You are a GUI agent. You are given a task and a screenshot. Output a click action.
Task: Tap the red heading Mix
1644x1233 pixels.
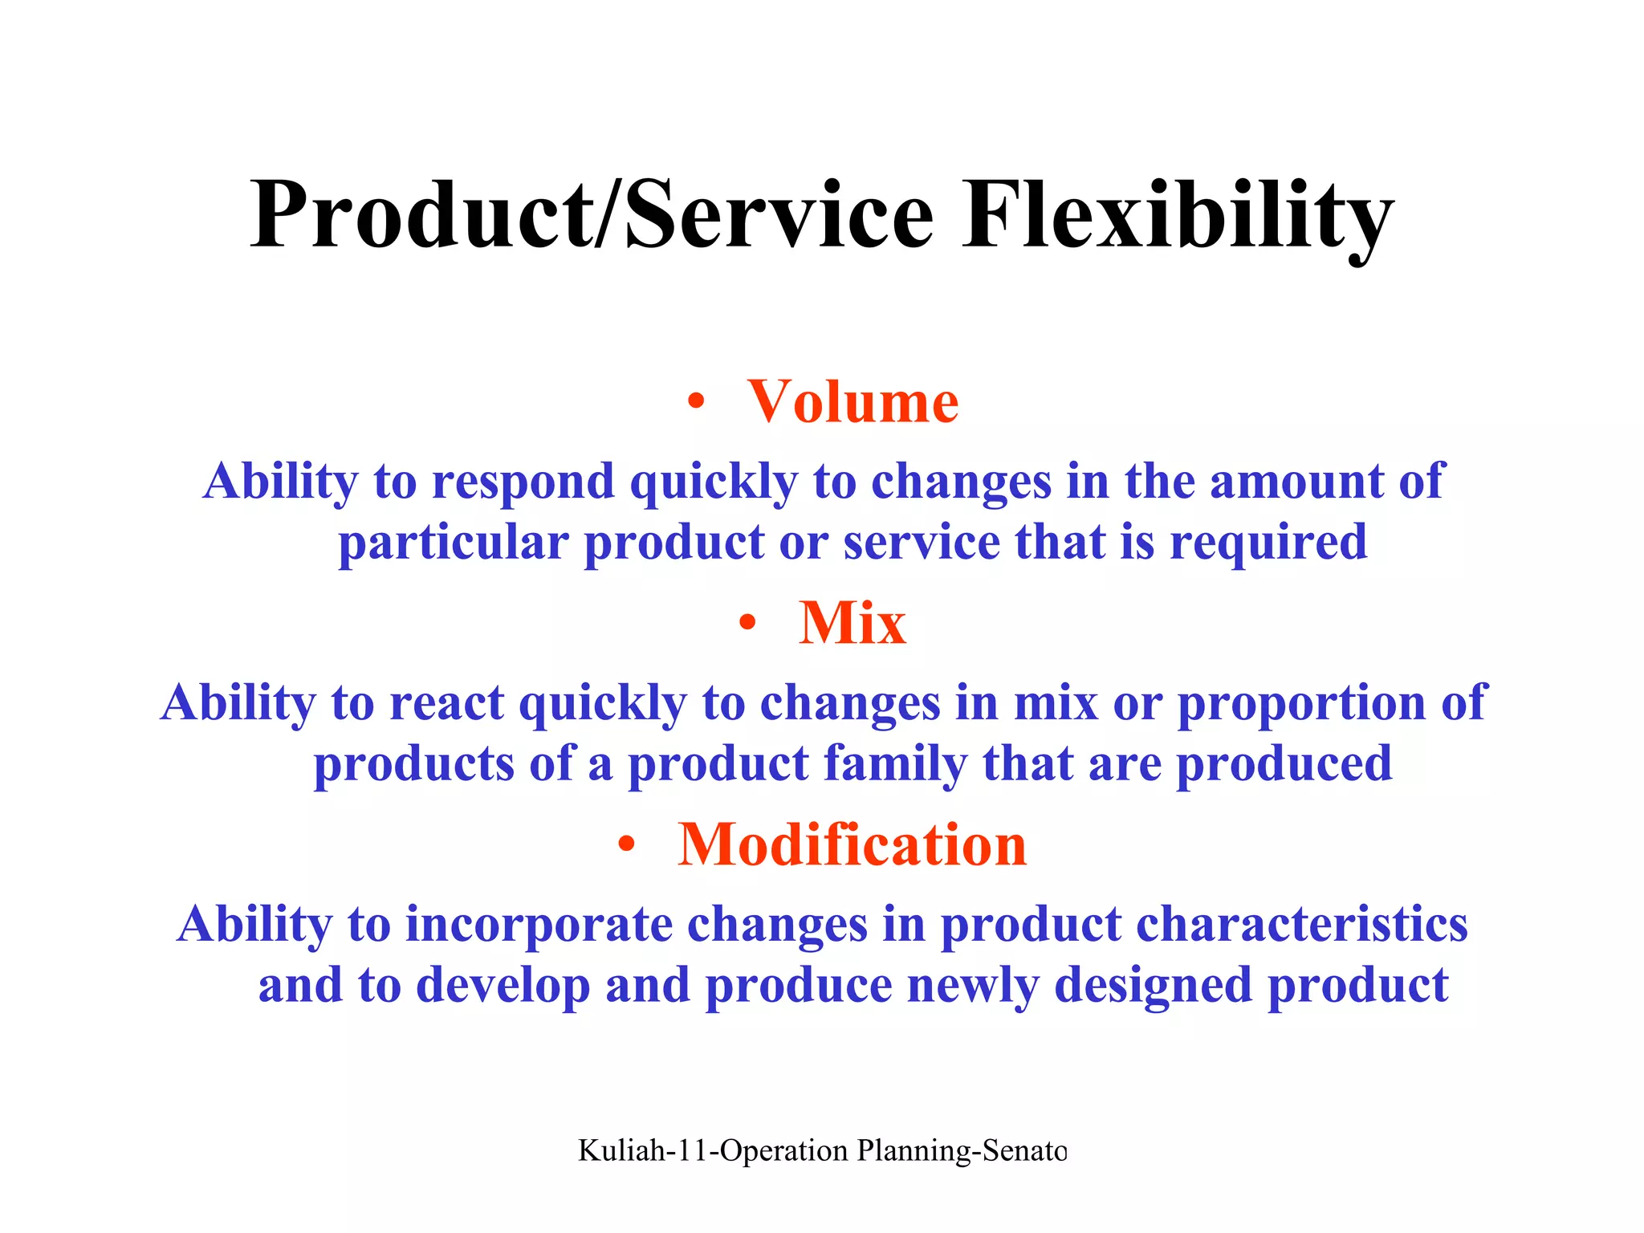853,623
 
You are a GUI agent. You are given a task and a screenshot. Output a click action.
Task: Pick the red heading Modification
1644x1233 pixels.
852,844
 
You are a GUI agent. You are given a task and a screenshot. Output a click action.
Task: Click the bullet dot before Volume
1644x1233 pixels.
696,402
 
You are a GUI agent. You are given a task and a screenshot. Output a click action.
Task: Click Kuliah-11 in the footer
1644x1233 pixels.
642,1151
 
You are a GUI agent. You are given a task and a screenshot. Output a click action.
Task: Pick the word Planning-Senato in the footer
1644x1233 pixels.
962,1151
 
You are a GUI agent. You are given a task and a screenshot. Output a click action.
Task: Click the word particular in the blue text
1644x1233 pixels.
453,543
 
